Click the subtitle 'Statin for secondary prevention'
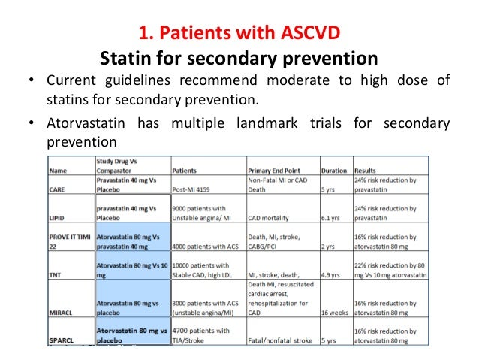[x=239, y=57]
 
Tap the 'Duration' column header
[x=334, y=171]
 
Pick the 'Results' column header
[x=365, y=171]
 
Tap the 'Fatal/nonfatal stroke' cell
[x=281, y=340]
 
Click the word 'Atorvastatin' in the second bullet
[x=81, y=124]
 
